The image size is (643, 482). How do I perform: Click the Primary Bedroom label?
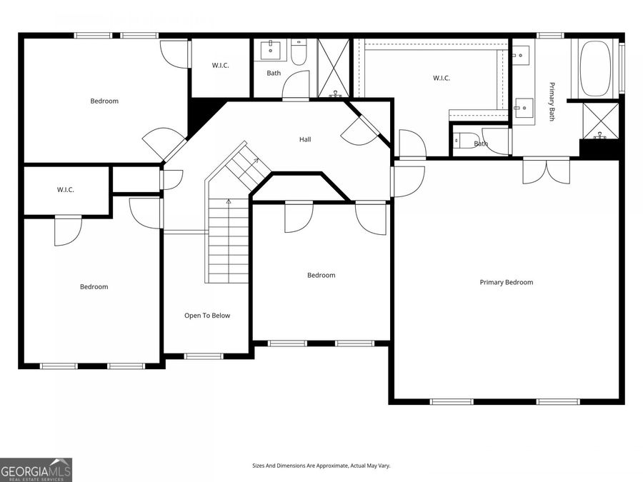[506, 282]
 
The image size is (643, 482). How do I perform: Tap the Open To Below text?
[207, 316]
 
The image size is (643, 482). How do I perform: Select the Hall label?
[305, 139]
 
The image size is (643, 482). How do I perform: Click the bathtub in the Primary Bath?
[598, 69]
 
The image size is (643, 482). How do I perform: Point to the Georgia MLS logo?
[36, 470]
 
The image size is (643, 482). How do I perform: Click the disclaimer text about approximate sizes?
[321, 466]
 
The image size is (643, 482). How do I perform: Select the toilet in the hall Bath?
[299, 51]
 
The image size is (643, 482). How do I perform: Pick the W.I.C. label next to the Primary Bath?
[442, 79]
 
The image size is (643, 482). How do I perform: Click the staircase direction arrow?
[229, 203]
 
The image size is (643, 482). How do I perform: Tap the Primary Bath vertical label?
[552, 101]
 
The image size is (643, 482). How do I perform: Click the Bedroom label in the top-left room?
[104, 101]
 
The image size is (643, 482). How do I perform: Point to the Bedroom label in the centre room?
[321, 275]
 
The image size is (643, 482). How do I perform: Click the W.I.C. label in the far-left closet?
[66, 190]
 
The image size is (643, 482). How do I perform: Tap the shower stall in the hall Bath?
[334, 68]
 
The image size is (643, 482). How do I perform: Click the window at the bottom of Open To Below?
[204, 356]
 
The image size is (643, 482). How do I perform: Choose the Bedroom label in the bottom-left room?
[94, 286]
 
